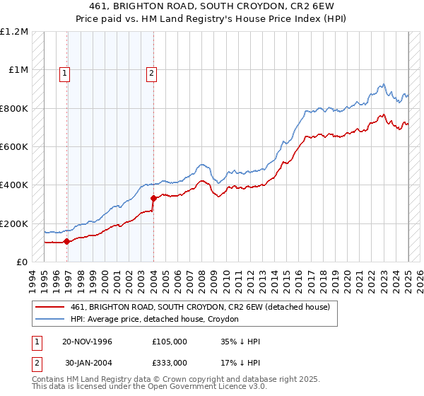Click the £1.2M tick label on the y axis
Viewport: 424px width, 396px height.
click(x=14, y=32)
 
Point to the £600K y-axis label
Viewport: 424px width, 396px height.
click(x=14, y=147)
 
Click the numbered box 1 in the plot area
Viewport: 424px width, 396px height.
click(x=65, y=71)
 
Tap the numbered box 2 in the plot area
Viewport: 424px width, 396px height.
click(x=152, y=71)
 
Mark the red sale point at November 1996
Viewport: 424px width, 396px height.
click(x=67, y=242)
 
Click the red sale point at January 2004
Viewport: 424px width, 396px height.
click(x=154, y=198)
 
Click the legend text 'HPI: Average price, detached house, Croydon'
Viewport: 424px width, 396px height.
click(x=155, y=319)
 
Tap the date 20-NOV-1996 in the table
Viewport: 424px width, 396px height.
click(x=88, y=342)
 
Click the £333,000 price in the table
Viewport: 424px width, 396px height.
click(x=170, y=362)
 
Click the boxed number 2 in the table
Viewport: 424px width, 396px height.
click(x=36, y=362)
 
